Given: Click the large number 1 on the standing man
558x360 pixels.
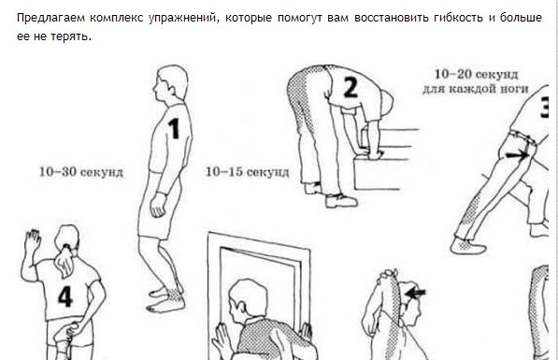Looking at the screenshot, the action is coord(174,128).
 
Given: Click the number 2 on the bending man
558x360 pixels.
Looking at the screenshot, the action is coord(351,88).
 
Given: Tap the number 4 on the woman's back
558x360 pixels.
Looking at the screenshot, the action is coord(65,296).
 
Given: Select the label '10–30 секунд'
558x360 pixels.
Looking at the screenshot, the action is coord(81,172).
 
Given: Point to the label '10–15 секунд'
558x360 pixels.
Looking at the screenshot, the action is coord(248,172).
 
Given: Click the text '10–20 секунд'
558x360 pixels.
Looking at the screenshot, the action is coord(476,75).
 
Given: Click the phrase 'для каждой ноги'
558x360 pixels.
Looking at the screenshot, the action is coord(476,89).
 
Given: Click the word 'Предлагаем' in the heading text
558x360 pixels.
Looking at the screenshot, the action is coord(50,18).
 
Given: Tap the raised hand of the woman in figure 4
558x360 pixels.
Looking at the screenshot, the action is coord(33,240).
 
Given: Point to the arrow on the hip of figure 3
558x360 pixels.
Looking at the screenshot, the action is coord(517,155).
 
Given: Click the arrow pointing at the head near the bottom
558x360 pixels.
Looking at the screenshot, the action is coord(415,293).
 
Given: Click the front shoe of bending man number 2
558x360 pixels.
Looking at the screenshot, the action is coord(341,201).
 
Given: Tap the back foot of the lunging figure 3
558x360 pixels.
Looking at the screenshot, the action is coord(467,246).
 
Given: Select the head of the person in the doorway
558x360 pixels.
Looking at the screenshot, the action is coord(248,299).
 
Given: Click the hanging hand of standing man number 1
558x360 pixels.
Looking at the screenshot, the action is coord(158,206).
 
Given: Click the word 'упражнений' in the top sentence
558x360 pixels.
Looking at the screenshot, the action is coord(183,18).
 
